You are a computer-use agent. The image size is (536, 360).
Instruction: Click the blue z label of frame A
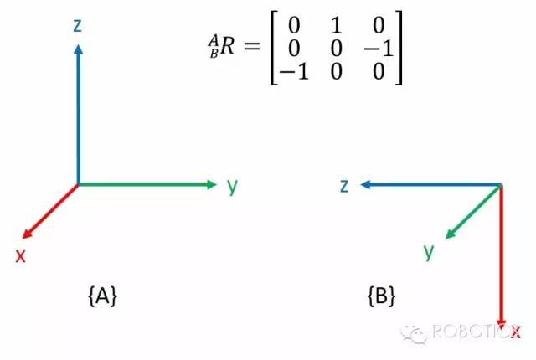click(x=77, y=27)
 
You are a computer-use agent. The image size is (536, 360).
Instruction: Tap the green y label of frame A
click(x=233, y=185)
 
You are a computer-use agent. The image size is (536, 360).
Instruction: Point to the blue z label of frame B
click(x=343, y=186)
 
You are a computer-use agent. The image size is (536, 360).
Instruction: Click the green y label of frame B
click(x=429, y=250)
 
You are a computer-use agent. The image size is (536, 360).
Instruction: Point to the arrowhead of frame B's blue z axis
click(x=366, y=186)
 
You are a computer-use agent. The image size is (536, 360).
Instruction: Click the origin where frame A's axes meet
click(x=78, y=184)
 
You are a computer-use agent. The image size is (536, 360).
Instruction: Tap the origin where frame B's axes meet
click(x=501, y=186)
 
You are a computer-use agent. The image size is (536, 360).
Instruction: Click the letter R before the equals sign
click(x=216, y=49)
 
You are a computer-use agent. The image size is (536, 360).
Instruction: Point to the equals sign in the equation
click(x=245, y=49)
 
